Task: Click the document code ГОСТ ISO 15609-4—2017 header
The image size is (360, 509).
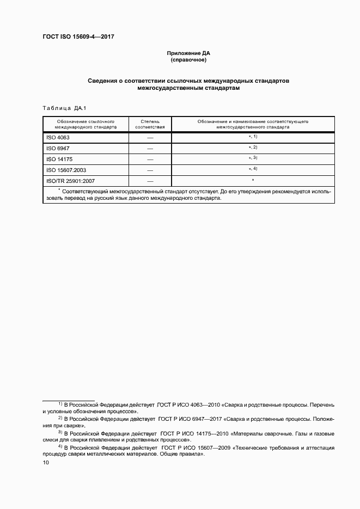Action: coord(78,37)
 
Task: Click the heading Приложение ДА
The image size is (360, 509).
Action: coord(188,53)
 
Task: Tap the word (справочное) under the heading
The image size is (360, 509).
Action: coord(188,60)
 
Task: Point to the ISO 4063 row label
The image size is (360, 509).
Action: coord(58,138)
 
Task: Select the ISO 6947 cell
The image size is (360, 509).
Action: coord(58,148)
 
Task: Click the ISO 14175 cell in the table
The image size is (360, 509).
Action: coord(59,159)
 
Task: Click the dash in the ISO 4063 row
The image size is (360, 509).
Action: coord(150,138)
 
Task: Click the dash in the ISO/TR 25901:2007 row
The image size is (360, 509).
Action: coord(150,181)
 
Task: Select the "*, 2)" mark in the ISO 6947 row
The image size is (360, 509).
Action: coord(253,148)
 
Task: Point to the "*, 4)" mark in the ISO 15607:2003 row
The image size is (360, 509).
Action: coord(253,169)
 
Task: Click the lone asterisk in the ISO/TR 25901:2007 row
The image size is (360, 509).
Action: coord(253,180)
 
